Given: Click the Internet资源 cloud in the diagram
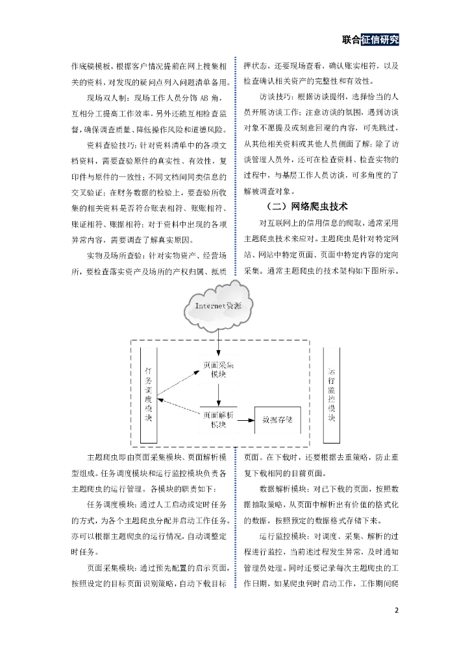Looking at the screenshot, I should tap(218, 307).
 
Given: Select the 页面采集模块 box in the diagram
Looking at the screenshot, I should tap(218, 370).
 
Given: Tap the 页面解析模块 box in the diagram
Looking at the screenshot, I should tap(218, 419).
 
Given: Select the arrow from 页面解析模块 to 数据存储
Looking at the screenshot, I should tap(245, 421).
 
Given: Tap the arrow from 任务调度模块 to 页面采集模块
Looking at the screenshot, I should tap(176, 384).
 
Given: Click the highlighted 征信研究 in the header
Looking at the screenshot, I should tap(380, 40).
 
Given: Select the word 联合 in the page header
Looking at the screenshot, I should tap(351, 40).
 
